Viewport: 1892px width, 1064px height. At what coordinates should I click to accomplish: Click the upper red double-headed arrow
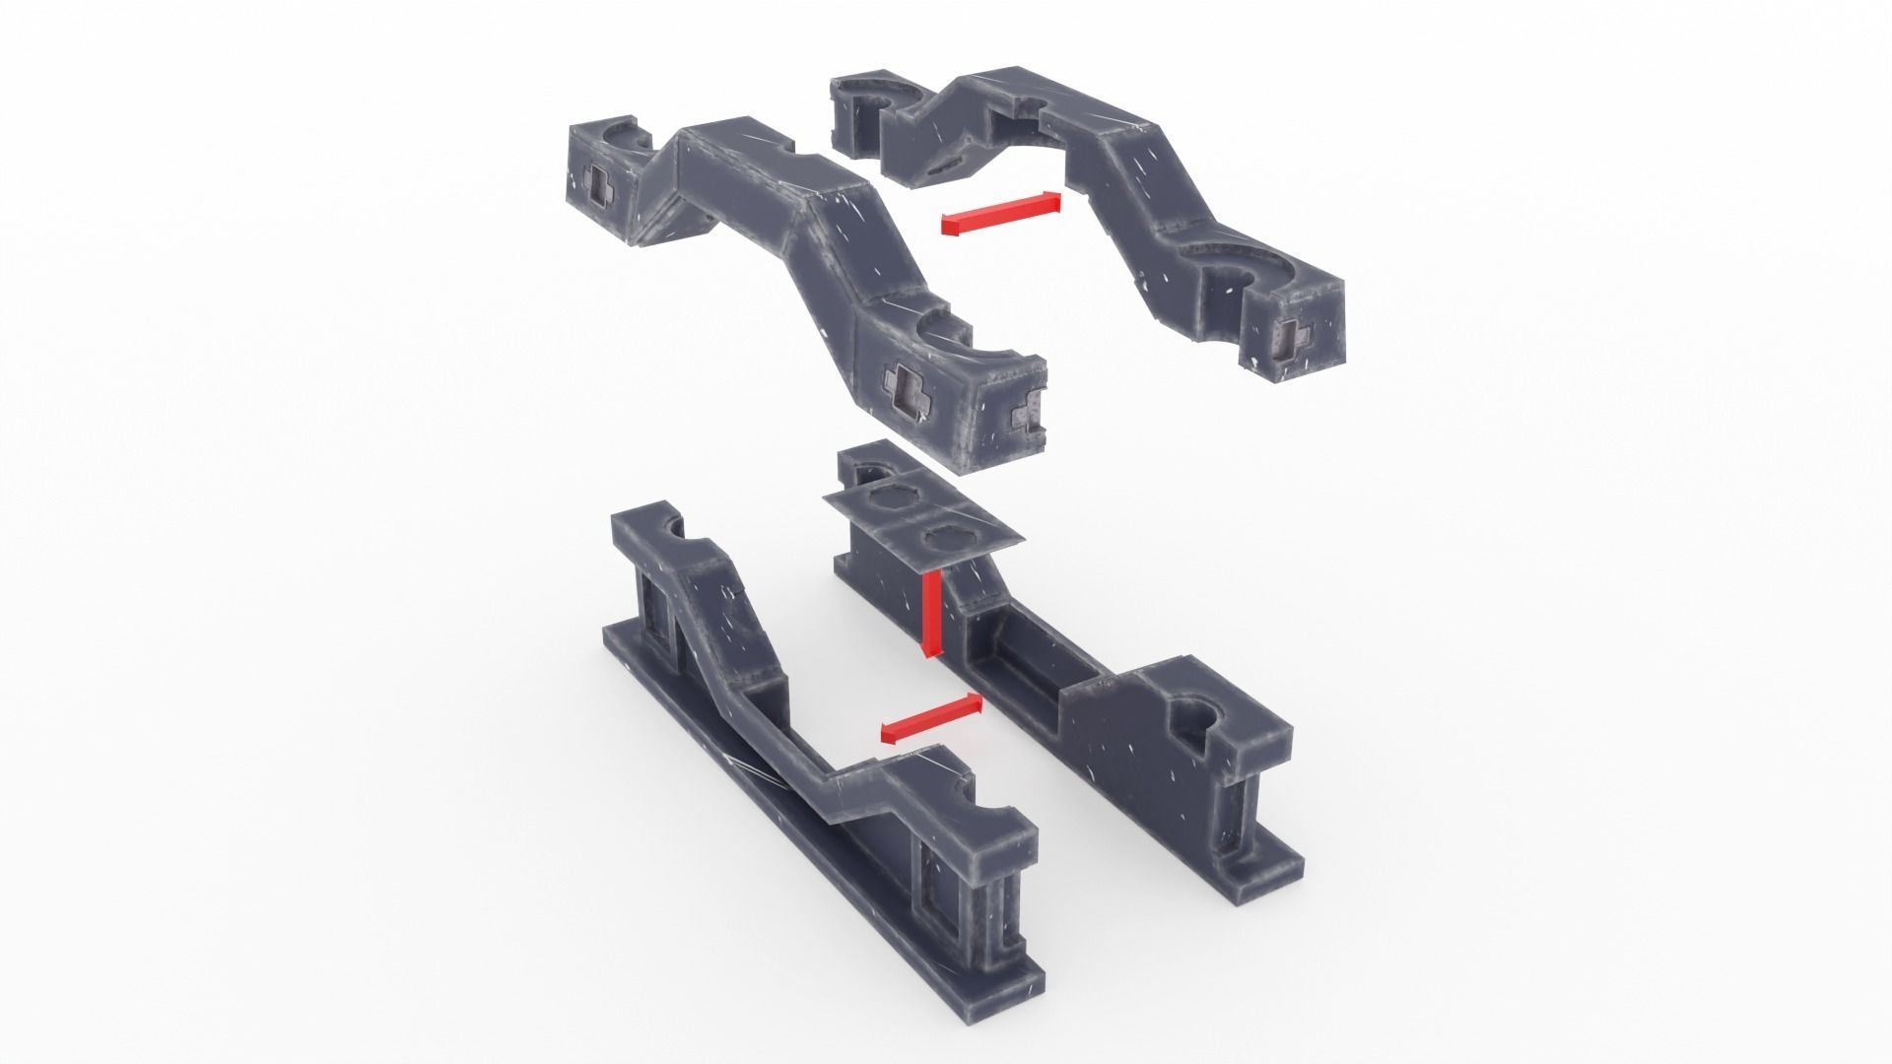coord(1000,213)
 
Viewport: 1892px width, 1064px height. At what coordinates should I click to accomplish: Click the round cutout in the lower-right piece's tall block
coord(1196,716)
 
